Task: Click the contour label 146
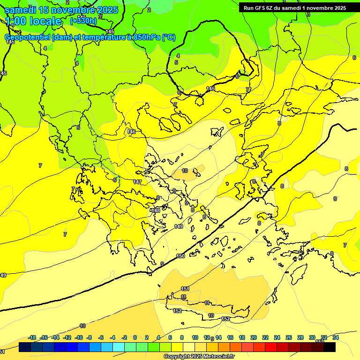click(131, 132)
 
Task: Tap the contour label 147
click(137, 182)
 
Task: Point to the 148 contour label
click(156, 210)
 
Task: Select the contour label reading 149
click(179, 226)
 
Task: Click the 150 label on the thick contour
click(180, 256)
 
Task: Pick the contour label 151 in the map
click(185, 289)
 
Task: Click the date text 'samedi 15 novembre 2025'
click(61, 9)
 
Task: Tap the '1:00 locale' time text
click(33, 21)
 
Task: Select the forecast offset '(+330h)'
click(83, 21)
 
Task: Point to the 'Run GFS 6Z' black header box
click(294, 7)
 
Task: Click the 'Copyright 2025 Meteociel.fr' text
click(199, 357)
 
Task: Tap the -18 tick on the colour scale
click(32, 337)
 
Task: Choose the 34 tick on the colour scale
click(336, 337)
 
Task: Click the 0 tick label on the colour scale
click(135, 337)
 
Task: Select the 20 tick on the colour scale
click(254, 337)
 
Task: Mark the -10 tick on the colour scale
click(79, 337)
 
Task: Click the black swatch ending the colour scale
click(330, 347)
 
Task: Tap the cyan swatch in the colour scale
click(118, 347)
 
